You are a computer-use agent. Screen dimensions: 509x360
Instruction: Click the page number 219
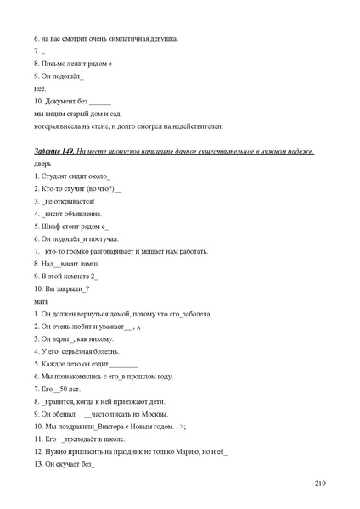pos(320,484)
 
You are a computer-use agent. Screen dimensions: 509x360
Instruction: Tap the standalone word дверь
pos(43,163)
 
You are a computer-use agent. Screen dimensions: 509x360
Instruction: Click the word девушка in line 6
pos(161,38)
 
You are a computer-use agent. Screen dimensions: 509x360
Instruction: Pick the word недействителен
pos(196,126)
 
